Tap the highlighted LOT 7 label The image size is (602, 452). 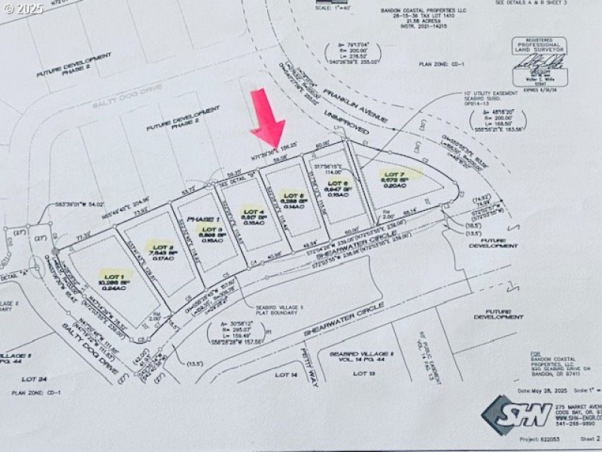(x=394, y=175)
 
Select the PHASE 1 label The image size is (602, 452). (x=201, y=218)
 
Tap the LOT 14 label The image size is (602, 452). (x=286, y=374)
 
